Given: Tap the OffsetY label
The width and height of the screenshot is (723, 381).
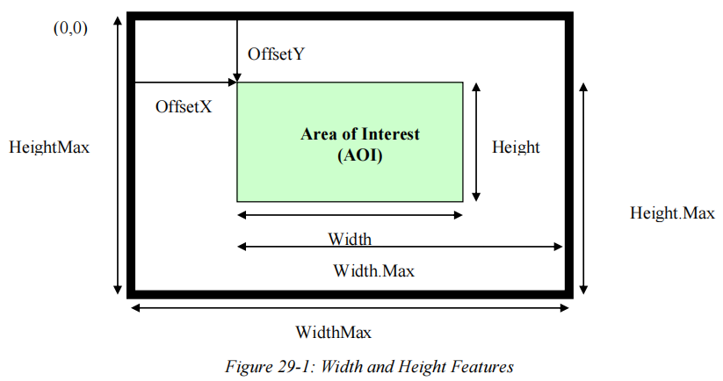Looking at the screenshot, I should click(x=276, y=54).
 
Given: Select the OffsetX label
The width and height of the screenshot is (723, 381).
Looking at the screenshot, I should click(x=183, y=106).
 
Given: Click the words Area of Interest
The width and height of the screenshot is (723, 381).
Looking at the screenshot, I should click(x=360, y=134).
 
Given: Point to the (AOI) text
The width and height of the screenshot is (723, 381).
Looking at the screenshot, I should click(x=360, y=155).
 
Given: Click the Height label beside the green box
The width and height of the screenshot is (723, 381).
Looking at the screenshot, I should click(x=516, y=147).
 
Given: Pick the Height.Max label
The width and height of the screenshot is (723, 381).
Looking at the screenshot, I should click(x=672, y=212).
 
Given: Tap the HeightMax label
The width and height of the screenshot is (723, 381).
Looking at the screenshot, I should click(x=49, y=147).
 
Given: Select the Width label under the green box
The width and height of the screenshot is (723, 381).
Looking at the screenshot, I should click(x=350, y=239).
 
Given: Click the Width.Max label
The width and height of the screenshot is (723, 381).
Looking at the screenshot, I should click(x=373, y=270).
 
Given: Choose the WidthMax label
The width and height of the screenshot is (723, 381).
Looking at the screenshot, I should click(x=333, y=332).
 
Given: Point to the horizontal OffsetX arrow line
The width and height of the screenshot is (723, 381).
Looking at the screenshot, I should click(x=184, y=83).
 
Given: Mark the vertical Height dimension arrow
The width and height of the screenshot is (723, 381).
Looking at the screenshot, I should click(x=475, y=141).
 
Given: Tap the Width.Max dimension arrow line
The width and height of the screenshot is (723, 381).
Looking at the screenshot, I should click(x=400, y=248).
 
